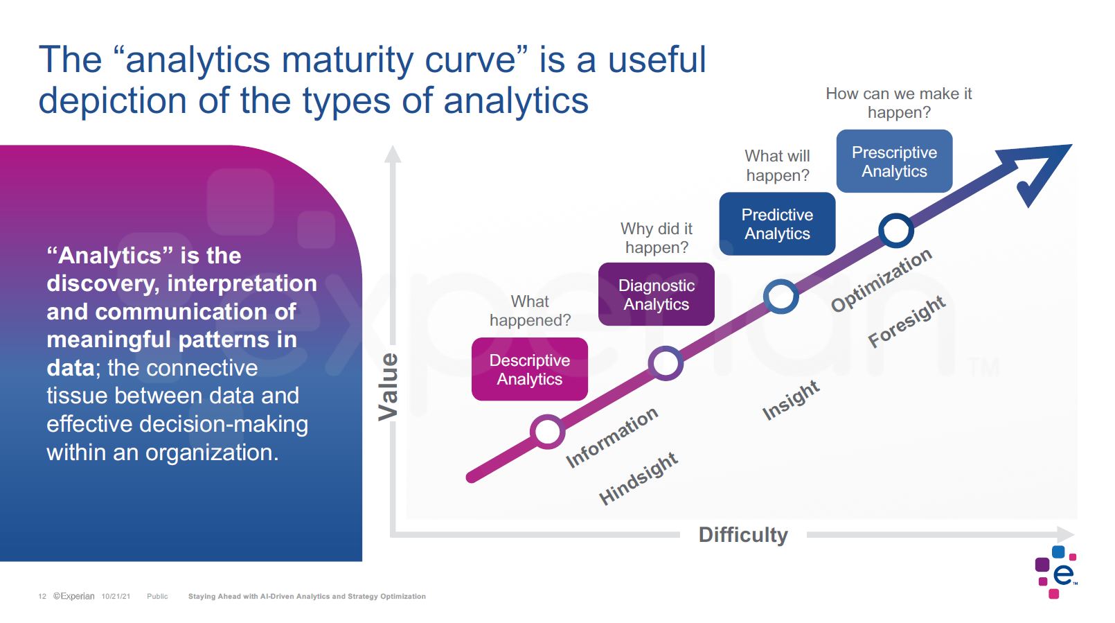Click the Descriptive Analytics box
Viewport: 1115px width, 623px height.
(530, 369)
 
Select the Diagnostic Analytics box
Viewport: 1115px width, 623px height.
(656, 295)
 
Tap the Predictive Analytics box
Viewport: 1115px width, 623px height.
(777, 224)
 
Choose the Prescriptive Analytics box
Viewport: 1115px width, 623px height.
(894, 161)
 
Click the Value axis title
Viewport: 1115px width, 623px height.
(389, 387)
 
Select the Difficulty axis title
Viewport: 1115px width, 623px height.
(742, 535)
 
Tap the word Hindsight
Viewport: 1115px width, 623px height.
(638, 479)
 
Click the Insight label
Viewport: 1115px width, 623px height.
(791, 400)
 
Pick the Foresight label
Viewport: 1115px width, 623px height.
(907, 322)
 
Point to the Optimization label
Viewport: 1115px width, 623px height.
(881, 280)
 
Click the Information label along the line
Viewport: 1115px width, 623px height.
(612, 437)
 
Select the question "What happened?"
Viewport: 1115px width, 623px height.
(530, 310)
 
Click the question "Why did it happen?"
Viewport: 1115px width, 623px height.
(657, 238)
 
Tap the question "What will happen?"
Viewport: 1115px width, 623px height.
(777, 166)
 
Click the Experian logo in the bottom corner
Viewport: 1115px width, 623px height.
(1055, 572)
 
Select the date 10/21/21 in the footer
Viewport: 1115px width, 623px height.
(116, 596)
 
